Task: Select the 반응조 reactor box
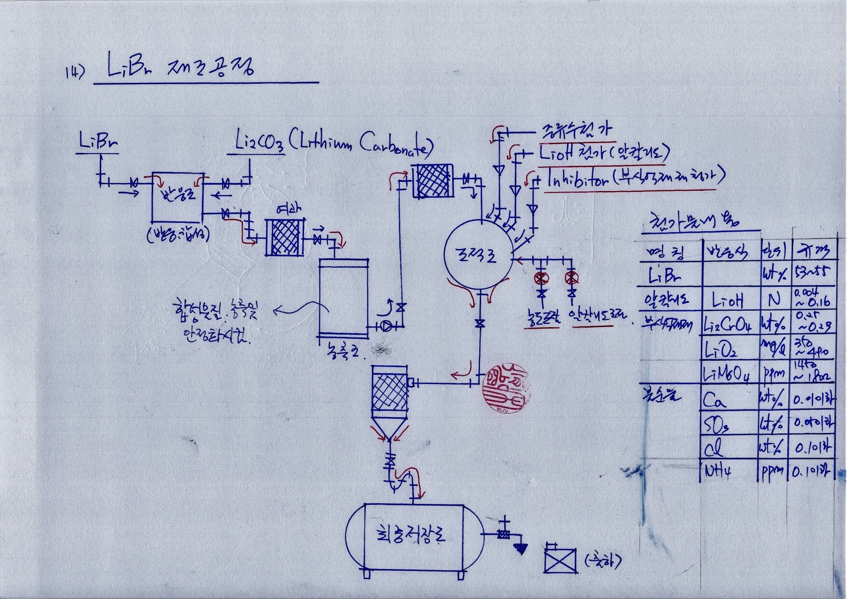pyautogui.click(x=177, y=197)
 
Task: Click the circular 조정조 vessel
pyautogui.click(x=478, y=254)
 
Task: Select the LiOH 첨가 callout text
pyautogui.click(x=604, y=153)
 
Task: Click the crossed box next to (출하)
pyautogui.click(x=560, y=558)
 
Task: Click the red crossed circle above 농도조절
pyautogui.click(x=542, y=278)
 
